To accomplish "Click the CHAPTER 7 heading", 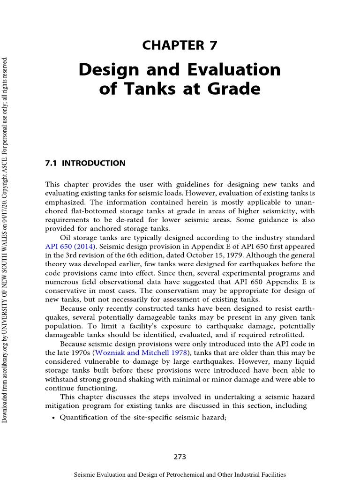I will (180, 45).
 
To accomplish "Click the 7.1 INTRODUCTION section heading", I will (85, 164).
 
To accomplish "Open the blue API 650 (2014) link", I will (70, 246).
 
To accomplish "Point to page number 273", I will (180, 457).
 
